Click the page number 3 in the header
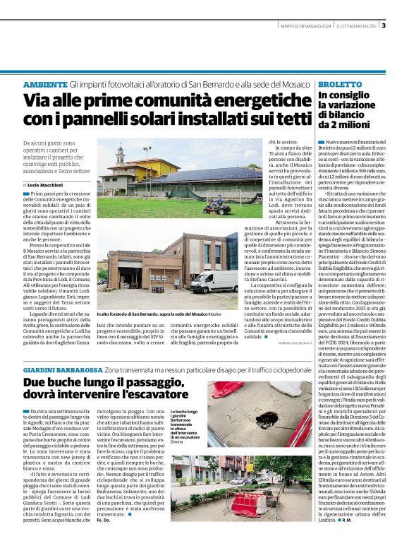384,27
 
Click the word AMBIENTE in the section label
47,83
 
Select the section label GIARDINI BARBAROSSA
62,371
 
